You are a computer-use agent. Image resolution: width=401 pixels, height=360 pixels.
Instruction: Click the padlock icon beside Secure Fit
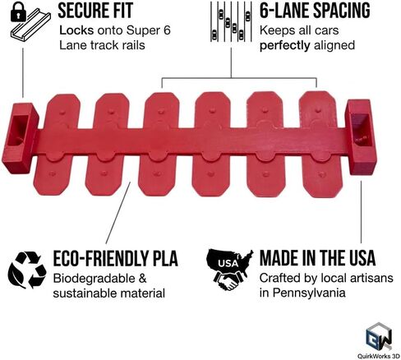[x=18, y=13]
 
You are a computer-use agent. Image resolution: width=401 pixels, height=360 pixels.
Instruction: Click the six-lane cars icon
[x=231, y=21]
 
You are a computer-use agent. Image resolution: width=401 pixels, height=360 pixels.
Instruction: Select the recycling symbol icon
[x=27, y=270]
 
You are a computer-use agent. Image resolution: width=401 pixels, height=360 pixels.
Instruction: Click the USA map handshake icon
[x=229, y=270]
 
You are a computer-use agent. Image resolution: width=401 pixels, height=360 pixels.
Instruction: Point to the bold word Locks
[x=76, y=30]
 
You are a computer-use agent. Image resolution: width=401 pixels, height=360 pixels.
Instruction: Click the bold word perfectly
[x=284, y=45]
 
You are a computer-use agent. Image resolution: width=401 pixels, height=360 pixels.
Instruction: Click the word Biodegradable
[x=94, y=279]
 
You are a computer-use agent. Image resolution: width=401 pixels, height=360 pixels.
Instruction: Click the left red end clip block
[x=20, y=138]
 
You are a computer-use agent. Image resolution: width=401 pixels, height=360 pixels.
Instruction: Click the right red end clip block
[x=362, y=137]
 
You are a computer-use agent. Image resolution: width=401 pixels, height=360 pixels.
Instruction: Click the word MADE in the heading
[x=279, y=258]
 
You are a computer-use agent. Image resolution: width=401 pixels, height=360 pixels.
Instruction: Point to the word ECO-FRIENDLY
[x=101, y=258]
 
